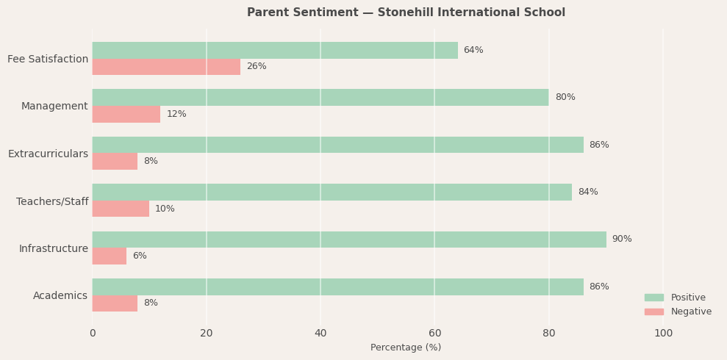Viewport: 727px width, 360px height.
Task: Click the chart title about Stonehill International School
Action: [x=406, y=12]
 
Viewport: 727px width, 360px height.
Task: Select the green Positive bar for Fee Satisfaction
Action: [x=274, y=50]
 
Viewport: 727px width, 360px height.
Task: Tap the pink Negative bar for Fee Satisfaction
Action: [x=166, y=67]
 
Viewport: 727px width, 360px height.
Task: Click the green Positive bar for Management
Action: [x=320, y=97]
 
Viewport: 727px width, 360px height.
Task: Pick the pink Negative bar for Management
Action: [x=126, y=114]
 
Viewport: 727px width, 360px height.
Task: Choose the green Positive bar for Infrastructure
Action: [x=348, y=240]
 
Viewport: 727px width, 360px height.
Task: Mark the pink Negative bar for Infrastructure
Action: [x=109, y=256]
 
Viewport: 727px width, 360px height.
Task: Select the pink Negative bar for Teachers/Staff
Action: [x=121, y=209]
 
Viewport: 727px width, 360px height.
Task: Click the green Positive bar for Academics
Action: [x=337, y=287]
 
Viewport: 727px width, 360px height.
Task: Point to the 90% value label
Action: [x=622, y=240]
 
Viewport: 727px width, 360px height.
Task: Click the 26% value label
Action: [x=257, y=67]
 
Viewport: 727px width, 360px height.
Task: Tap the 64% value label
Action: [x=473, y=50]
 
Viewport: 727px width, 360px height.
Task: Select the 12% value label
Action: [x=176, y=114]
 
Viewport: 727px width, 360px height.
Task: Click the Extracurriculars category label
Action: [x=48, y=154]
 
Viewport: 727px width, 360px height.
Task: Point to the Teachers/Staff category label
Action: [x=52, y=201]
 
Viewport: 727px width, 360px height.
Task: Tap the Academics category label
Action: [x=60, y=295]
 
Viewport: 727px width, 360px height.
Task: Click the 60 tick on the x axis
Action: [x=434, y=333]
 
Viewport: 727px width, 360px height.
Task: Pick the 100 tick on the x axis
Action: [x=663, y=333]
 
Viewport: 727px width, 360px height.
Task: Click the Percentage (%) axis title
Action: [x=406, y=348]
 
